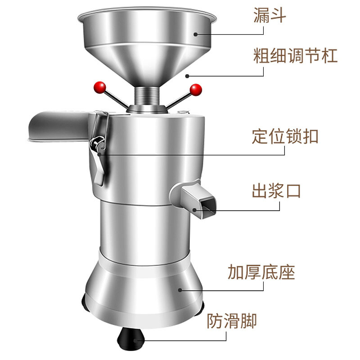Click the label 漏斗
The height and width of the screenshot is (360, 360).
coord(270,15)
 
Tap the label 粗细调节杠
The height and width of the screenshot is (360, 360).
coord(295,55)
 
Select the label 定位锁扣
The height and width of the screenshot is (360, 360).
coord(285,136)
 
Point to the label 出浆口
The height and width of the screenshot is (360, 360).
coord(276,191)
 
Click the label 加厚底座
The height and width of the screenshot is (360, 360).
coord(261,272)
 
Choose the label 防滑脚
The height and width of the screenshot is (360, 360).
coord(232,321)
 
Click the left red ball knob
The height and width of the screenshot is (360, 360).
coord(99,87)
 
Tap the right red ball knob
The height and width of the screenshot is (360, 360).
coord(196,90)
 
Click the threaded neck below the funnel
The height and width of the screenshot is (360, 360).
coord(147,96)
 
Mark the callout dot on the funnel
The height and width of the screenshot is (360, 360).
coord(195,34)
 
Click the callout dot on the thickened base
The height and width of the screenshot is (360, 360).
coord(180,290)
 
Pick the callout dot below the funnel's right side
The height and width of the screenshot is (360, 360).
coord(187,76)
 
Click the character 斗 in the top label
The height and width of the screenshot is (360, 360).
coord(279,15)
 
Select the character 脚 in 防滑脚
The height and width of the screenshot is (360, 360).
coord(248,321)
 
